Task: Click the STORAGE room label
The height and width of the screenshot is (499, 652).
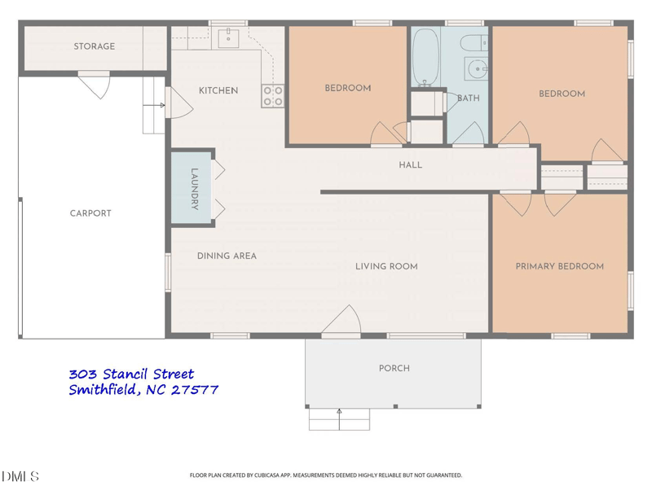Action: click(95, 47)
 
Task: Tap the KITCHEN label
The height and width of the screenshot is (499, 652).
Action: click(218, 90)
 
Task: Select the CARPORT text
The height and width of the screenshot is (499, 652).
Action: click(90, 213)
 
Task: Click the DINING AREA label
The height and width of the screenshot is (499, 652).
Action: click(227, 256)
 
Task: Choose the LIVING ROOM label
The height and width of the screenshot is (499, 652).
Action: click(386, 266)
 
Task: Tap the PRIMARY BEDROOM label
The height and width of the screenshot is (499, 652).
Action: click(559, 266)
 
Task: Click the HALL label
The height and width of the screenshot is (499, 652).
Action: click(411, 165)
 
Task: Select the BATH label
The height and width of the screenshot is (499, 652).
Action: click(468, 98)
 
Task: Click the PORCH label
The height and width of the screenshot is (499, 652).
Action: click(394, 368)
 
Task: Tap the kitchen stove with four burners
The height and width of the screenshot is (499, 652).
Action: click(273, 96)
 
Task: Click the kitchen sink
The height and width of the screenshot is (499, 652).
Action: click(231, 35)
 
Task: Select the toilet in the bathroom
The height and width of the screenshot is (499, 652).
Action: click(472, 42)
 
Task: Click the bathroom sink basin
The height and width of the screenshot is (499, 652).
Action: click(475, 68)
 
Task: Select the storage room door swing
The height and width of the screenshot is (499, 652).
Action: click(96, 84)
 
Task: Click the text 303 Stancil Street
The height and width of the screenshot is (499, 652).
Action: click(131, 374)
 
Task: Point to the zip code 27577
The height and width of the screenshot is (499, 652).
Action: click(195, 390)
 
